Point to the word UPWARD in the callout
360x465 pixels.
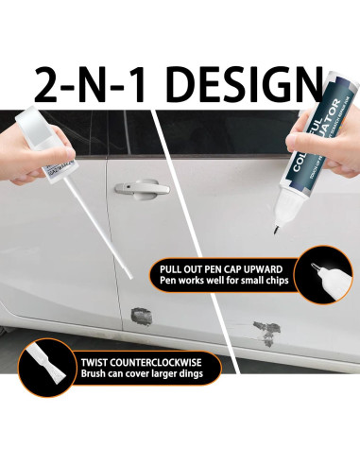(265, 267)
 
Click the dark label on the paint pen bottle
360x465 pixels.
(316, 151)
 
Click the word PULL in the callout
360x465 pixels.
(174, 267)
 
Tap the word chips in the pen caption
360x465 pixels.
(275, 281)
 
